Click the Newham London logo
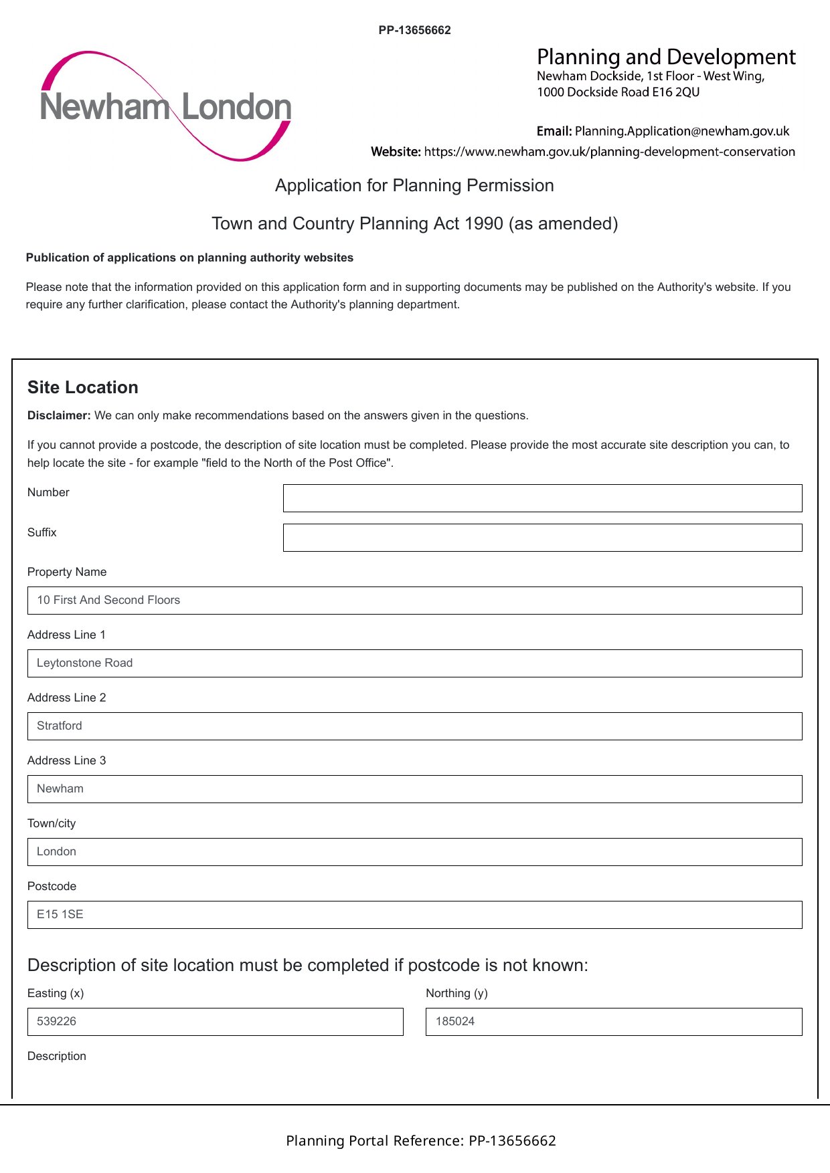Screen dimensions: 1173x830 click(x=165, y=106)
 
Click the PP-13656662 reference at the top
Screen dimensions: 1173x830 click(x=414, y=30)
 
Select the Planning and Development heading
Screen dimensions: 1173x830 click(x=666, y=57)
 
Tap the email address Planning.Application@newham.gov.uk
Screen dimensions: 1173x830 click(x=681, y=131)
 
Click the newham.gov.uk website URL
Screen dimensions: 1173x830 click(x=609, y=152)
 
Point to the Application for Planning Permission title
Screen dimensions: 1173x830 click(x=414, y=185)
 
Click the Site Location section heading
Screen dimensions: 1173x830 click(x=83, y=387)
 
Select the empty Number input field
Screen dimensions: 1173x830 click(x=542, y=498)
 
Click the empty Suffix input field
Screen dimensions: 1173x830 click(x=542, y=538)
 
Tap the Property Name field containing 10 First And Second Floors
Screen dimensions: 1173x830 click(x=414, y=601)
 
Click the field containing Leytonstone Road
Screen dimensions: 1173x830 click(x=414, y=663)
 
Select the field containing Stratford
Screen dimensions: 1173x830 click(x=414, y=726)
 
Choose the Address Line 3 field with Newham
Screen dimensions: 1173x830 click(x=414, y=789)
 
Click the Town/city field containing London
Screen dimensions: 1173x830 click(x=414, y=852)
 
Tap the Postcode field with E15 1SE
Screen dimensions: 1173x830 click(x=414, y=915)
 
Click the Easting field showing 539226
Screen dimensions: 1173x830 click(x=215, y=1022)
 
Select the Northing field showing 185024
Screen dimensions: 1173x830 click(x=614, y=1022)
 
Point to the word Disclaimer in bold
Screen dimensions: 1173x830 click(x=59, y=415)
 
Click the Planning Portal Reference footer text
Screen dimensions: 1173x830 click(x=421, y=1141)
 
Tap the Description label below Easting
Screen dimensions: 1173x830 click(x=57, y=1056)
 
